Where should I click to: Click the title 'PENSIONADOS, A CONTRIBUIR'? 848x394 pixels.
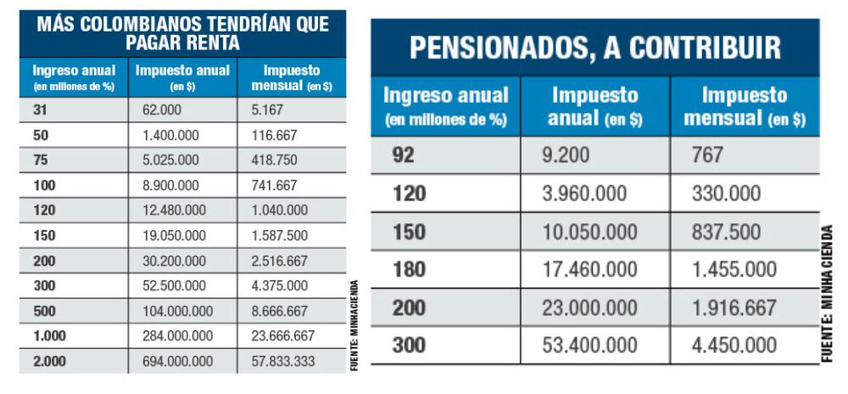(594, 48)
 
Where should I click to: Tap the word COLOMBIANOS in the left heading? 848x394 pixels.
(141, 25)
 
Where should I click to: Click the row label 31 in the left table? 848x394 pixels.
(39, 110)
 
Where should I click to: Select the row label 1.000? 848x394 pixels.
(49, 336)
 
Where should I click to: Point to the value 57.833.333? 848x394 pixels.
(283, 361)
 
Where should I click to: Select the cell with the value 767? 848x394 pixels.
(708, 155)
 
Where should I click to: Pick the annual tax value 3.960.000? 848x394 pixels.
(585, 194)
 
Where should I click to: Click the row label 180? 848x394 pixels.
(410, 270)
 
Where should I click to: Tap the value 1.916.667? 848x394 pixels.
(734, 308)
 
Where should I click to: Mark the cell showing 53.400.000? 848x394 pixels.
(590, 346)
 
